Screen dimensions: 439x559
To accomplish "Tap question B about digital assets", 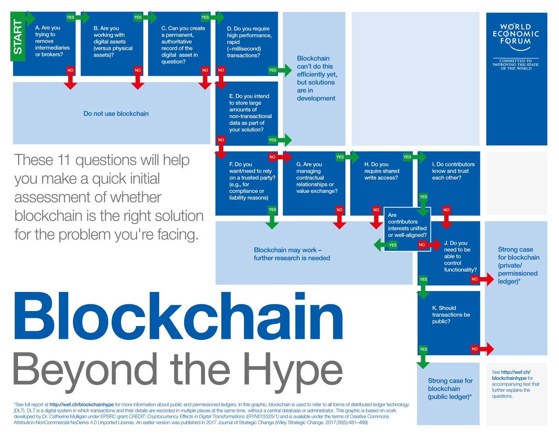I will pos(113,41).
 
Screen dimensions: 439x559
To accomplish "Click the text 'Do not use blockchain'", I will pos(116,113).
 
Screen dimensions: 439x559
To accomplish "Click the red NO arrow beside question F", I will pos(279,157).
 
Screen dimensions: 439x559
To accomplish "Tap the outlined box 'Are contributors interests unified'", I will pos(408,225).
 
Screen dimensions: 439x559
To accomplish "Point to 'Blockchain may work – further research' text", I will pos(292,254).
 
